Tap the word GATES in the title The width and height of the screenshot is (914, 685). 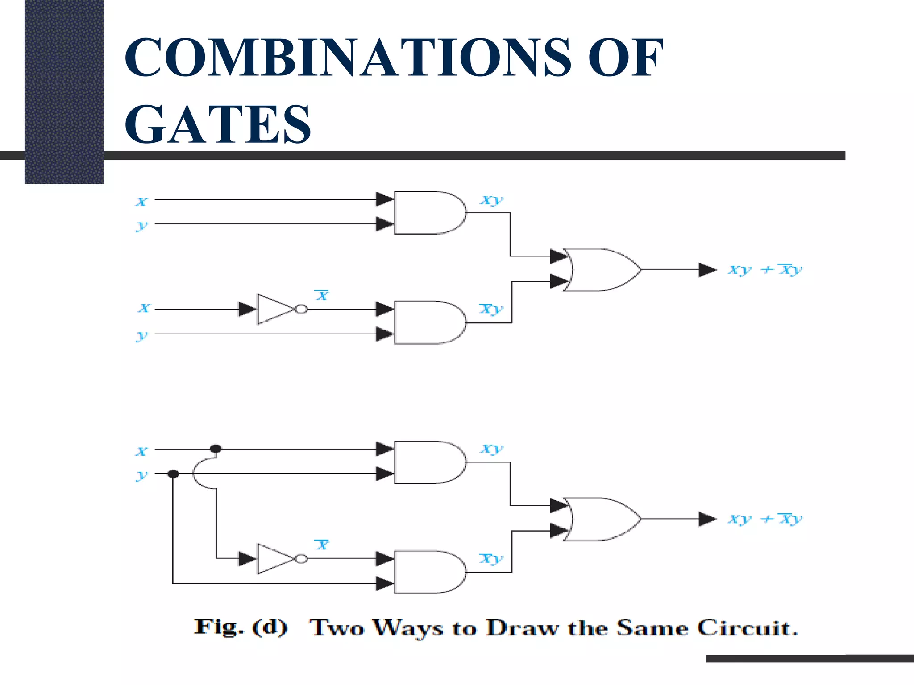tap(217, 124)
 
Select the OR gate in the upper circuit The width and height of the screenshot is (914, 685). tap(600, 270)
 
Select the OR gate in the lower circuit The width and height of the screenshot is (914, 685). tap(600, 519)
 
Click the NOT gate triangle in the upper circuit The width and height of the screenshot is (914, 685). tap(274, 309)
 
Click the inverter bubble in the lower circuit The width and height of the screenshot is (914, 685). tap(302, 558)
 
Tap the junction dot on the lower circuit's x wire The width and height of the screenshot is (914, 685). tap(216, 449)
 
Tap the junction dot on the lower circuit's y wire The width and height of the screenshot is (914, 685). tap(174, 474)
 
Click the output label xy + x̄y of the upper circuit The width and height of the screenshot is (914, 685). tap(765, 270)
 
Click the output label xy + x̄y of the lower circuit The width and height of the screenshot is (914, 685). tap(765, 519)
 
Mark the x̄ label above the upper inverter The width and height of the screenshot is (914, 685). tap(322, 295)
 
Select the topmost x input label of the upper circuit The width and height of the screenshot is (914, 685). tap(141, 202)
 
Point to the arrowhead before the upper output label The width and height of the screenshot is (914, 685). tap(707, 270)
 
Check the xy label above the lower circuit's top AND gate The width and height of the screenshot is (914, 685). tap(491, 449)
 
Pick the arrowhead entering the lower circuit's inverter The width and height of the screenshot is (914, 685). tap(247, 558)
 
